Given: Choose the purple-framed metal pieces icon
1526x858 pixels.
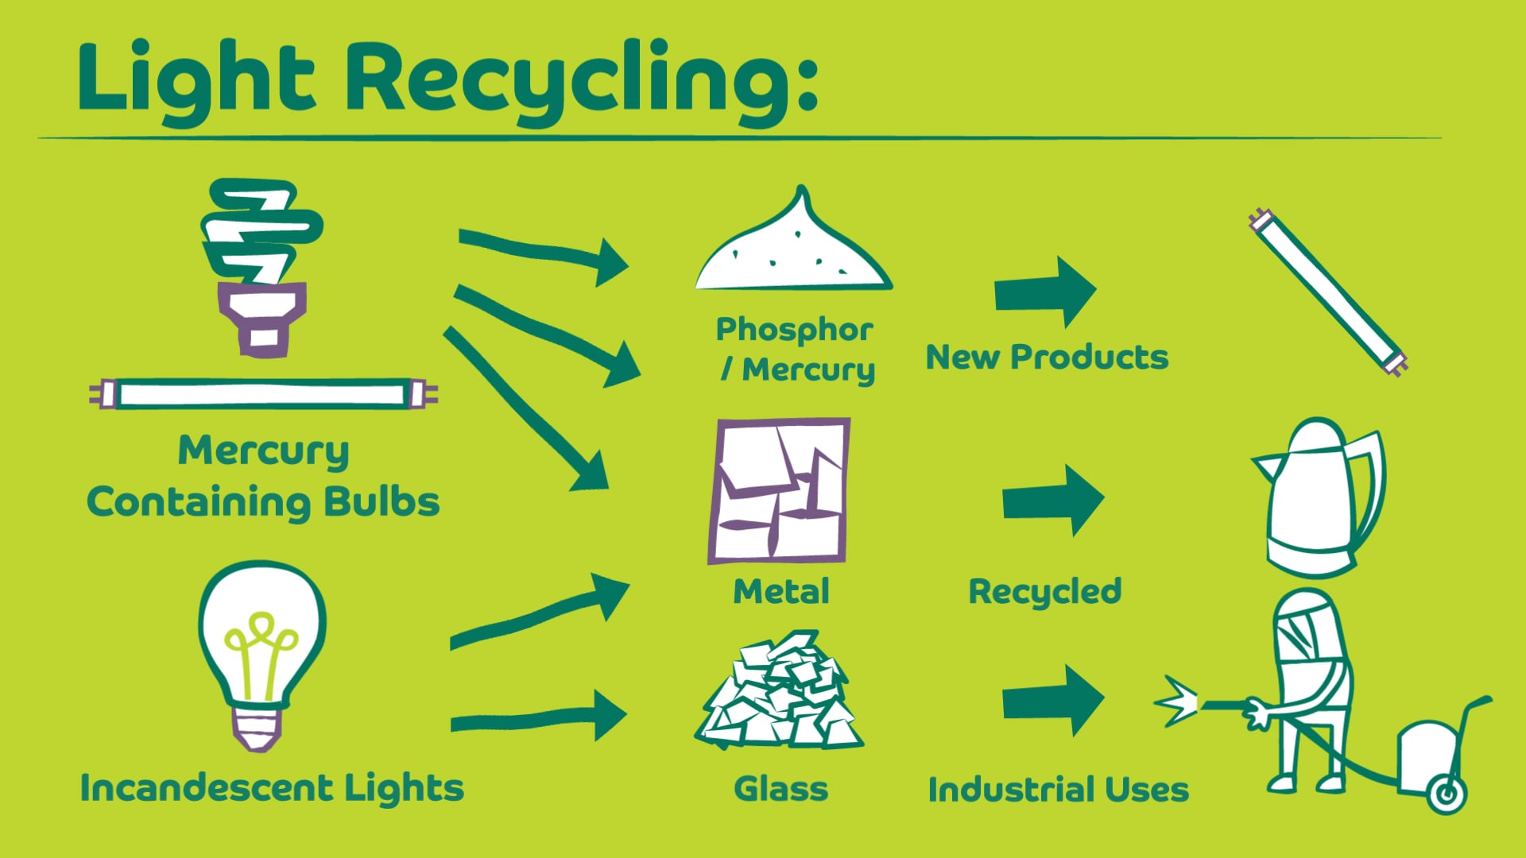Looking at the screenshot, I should tap(779, 490).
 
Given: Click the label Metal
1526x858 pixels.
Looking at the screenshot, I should tap(781, 592).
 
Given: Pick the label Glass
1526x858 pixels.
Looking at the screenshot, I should tap(780, 789).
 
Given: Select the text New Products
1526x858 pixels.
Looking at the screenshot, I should tap(1047, 357).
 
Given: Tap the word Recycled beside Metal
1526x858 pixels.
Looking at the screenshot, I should tap(1044, 592).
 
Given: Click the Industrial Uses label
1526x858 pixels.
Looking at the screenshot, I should tap(1058, 790).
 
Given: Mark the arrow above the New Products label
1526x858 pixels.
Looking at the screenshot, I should tap(1045, 292).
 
